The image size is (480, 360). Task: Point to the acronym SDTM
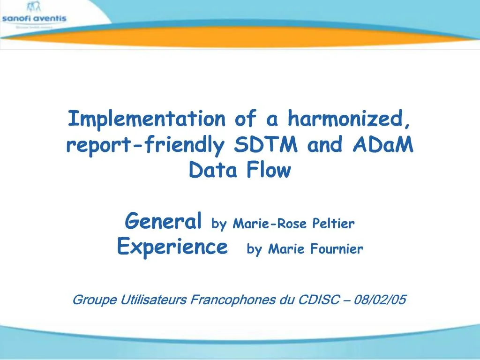(x=265, y=145)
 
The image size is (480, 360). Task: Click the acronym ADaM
(x=382, y=145)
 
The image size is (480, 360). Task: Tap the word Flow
(x=269, y=171)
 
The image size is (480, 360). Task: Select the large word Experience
(x=172, y=246)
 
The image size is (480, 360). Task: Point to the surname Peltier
(x=334, y=224)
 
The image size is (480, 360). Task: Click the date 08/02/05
(x=381, y=300)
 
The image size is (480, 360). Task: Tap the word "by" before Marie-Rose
(x=218, y=224)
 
